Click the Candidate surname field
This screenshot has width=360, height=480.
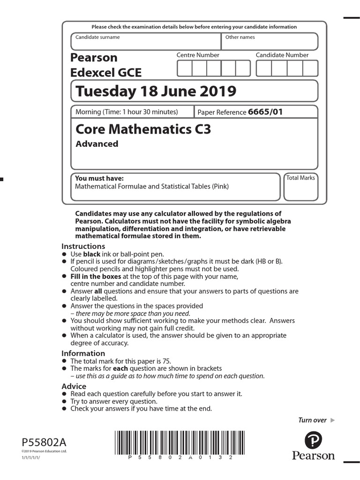(x=145, y=41)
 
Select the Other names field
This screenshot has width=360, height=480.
(x=269, y=41)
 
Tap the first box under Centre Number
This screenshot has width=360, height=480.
(x=184, y=68)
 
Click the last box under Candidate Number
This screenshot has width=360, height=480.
(x=310, y=68)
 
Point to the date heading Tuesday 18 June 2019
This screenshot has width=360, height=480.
(x=156, y=91)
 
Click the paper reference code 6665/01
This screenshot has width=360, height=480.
(x=265, y=112)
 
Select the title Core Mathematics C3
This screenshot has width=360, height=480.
(x=143, y=129)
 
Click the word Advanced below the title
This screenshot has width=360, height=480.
(x=97, y=144)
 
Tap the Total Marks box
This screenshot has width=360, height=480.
(x=301, y=187)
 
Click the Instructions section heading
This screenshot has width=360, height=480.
(x=83, y=247)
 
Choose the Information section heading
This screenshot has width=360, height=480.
(x=83, y=353)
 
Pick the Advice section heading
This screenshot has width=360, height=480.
(x=74, y=386)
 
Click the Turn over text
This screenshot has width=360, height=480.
(x=312, y=420)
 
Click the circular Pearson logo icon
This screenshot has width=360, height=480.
(x=313, y=440)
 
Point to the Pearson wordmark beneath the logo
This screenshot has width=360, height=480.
(x=313, y=456)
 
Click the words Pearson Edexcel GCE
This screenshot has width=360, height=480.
(x=105, y=65)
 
